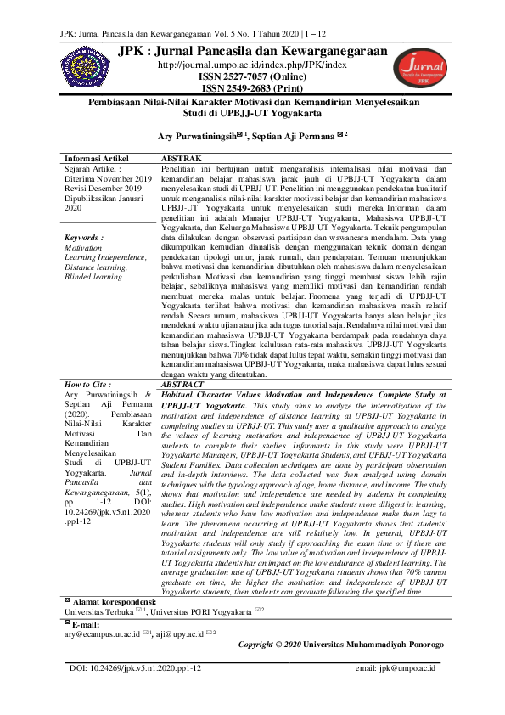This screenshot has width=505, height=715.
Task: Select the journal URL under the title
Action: [252, 65]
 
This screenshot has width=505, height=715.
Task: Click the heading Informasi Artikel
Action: [102, 159]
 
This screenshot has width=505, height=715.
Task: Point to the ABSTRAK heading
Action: [181, 159]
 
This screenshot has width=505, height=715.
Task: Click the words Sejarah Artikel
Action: [95, 169]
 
